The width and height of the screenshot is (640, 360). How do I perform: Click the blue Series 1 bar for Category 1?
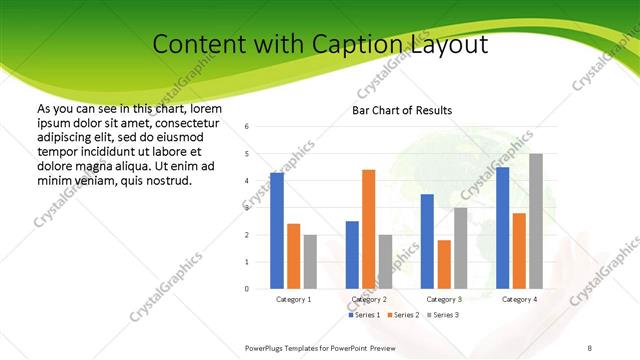click(277, 231)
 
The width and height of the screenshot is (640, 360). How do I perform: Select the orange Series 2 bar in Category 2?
click(368, 229)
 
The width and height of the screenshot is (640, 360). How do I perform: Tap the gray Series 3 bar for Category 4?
click(536, 221)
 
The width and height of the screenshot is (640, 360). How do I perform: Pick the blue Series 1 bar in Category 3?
click(427, 241)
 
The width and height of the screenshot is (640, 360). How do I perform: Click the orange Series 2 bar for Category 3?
click(444, 264)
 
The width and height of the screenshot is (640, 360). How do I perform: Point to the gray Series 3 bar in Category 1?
click(310, 262)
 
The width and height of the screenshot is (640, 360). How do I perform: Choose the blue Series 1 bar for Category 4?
click(502, 228)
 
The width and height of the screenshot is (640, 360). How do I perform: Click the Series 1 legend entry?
click(364, 315)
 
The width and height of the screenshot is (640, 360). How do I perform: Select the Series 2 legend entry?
click(402, 315)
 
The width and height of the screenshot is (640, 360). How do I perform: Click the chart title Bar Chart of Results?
click(402, 110)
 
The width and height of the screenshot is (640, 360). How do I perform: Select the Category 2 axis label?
click(369, 299)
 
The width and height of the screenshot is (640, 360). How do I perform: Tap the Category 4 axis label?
click(519, 299)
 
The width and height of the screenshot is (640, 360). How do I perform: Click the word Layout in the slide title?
click(449, 45)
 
